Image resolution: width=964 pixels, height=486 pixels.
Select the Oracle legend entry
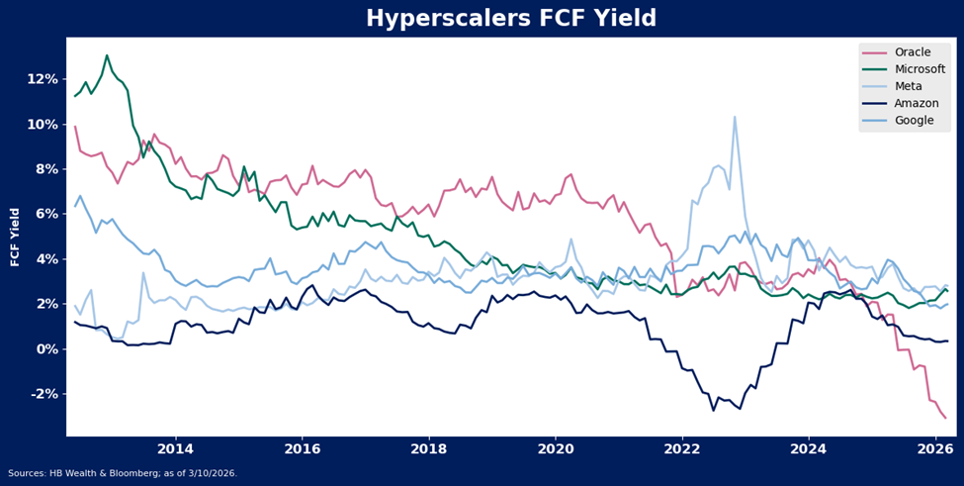click(911, 52)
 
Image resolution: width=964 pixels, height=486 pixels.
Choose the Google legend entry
click(912, 120)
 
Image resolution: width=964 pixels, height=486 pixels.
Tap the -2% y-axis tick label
click(44, 395)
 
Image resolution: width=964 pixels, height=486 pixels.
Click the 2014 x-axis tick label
click(176, 449)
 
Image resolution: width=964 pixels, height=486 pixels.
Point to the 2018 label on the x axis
click(429, 449)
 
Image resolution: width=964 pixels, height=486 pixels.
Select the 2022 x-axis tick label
click(682, 449)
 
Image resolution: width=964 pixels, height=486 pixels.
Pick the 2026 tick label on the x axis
click(935, 449)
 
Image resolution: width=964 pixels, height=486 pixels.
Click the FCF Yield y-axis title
click(15, 238)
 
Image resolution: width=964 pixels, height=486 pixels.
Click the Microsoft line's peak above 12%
click(107, 55)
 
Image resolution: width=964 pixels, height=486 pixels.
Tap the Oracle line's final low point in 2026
click(945, 418)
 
